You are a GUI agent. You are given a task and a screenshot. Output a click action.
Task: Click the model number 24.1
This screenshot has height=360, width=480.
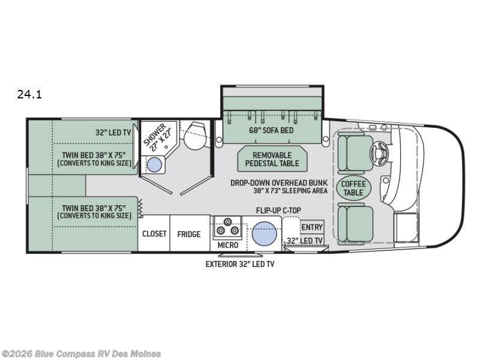(x=29, y=94)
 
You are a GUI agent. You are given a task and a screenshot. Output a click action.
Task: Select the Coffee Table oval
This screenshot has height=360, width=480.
(x=353, y=188)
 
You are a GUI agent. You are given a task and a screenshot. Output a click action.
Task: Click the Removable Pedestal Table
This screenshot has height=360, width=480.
(x=272, y=159)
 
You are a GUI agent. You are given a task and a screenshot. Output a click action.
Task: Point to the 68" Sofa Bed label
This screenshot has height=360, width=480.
(x=271, y=130)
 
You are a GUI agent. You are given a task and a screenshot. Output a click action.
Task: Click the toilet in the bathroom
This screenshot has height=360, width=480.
(x=194, y=136)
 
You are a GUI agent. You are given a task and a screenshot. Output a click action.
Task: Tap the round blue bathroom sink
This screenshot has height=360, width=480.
(x=155, y=164)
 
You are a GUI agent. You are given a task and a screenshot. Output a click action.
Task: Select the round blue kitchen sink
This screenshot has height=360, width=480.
(x=264, y=233)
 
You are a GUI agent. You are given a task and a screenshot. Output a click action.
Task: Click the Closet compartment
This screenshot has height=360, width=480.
(x=154, y=233)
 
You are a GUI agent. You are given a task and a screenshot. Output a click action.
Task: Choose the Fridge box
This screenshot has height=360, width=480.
(x=190, y=233)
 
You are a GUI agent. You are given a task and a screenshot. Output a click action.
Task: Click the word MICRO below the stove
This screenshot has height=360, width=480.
(x=228, y=245)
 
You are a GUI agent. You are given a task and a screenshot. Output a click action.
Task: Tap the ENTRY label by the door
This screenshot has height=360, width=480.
(x=312, y=227)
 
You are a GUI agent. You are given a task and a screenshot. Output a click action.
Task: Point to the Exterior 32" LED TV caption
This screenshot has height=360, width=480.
(x=239, y=264)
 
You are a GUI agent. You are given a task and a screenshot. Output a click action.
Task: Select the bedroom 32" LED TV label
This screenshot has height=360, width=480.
(x=113, y=132)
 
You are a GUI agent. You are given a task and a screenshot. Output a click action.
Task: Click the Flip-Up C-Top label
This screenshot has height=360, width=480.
(x=278, y=211)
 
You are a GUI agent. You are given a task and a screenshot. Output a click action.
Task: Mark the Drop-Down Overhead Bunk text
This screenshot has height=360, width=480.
(x=279, y=183)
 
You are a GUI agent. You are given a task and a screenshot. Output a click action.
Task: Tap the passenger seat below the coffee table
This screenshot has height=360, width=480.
(x=355, y=223)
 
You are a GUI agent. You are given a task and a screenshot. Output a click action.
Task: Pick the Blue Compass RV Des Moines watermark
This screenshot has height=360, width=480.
(x=80, y=354)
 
